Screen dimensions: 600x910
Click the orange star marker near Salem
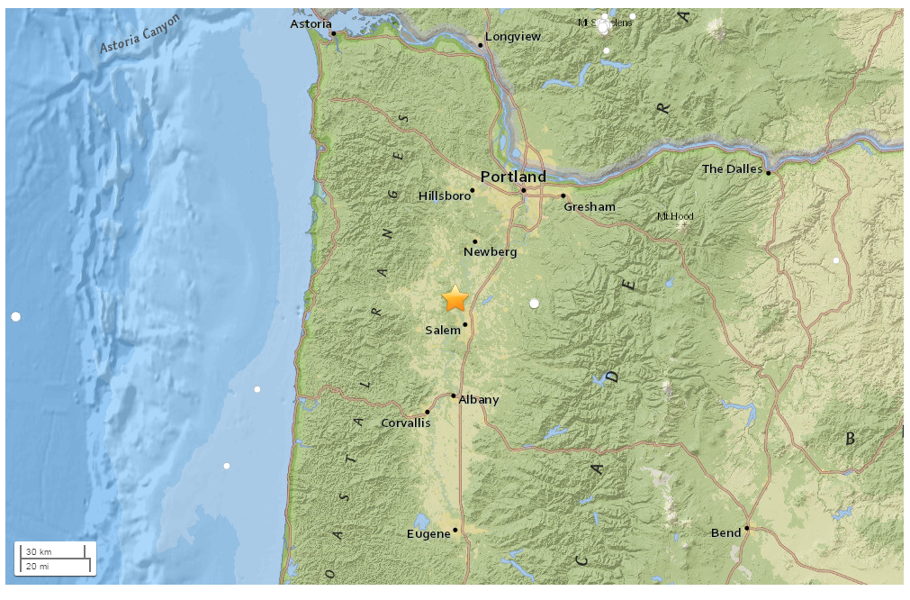455,298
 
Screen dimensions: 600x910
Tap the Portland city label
512,177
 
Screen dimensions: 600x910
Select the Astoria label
311,23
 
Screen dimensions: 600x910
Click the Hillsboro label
445,195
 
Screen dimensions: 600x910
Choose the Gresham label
590,207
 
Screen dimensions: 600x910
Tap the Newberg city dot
475,241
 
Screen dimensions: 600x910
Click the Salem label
443,331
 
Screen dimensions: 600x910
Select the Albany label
479,400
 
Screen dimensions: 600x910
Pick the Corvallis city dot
428,412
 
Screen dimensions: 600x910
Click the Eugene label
428,534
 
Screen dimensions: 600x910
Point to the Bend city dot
747,528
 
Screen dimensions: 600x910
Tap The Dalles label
732,168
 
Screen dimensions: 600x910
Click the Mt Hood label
675,216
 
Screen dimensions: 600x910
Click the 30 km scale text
38,551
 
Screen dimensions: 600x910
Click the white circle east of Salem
535,304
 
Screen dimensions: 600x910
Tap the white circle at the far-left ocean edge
15,316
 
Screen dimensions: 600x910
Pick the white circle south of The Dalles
836,260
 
